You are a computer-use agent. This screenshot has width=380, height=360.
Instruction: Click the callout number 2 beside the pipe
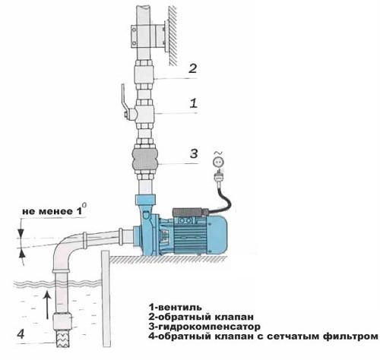coord(193,68)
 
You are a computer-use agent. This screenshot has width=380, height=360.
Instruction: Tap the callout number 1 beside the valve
coord(194,103)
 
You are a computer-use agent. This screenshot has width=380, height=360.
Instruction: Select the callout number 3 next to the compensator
coord(194,153)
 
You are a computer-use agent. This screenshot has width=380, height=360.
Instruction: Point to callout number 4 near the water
coord(21,334)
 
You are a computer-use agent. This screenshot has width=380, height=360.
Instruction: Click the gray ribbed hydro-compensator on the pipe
coord(144,159)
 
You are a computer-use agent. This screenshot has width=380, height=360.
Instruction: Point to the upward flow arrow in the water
coord(47,305)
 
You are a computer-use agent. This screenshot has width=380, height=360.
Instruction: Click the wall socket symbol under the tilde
coord(218,162)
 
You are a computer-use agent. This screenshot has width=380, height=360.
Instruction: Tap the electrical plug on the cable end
coord(218,176)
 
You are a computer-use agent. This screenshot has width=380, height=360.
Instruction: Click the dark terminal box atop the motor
coord(190,212)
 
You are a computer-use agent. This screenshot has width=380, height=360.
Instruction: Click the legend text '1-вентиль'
coord(176,307)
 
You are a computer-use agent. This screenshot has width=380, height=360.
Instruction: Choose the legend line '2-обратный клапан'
coord(201,317)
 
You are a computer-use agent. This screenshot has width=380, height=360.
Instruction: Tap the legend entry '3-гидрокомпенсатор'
coord(204,327)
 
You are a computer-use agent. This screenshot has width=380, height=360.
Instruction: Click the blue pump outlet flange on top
coord(145,199)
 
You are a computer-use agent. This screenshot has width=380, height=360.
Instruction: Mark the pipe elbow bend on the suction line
coord(64,247)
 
